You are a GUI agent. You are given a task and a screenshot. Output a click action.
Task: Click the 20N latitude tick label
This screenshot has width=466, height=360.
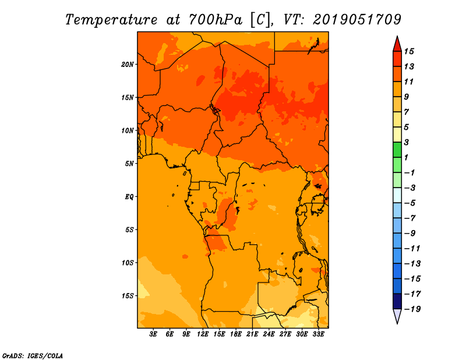(x=127, y=65)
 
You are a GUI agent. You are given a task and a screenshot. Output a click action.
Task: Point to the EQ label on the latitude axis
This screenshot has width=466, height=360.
(x=129, y=197)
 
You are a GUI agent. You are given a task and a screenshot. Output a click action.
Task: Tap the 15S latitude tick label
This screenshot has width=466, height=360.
(x=127, y=296)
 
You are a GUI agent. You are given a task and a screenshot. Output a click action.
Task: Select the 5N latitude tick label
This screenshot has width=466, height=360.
(x=129, y=164)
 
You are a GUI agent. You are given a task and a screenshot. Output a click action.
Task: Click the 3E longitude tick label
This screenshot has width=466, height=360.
(x=153, y=334)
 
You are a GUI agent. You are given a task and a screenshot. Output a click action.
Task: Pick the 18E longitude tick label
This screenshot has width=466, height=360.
(x=236, y=334)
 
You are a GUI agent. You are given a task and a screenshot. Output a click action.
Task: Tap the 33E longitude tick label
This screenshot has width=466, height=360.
(x=318, y=334)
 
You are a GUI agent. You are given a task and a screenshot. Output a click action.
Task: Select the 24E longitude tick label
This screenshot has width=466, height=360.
(x=269, y=334)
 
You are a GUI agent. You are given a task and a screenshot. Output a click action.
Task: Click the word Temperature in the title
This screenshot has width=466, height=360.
(x=111, y=20)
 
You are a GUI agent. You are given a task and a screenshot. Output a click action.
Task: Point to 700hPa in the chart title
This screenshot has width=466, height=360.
(x=216, y=20)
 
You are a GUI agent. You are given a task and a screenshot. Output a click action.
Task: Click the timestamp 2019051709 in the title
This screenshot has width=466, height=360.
(x=357, y=20)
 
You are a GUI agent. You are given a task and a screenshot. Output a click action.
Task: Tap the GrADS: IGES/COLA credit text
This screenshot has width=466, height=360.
(x=33, y=356)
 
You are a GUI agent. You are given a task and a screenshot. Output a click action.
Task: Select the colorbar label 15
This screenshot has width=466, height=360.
(x=409, y=51)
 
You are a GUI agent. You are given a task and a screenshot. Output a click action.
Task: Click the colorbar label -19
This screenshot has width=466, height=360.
(x=412, y=309)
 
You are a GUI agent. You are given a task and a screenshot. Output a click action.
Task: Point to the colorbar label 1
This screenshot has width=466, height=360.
(x=406, y=157)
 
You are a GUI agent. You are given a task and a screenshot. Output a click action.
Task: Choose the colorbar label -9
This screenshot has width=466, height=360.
(x=410, y=234)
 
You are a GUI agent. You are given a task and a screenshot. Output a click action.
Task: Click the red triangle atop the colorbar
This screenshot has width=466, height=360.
(x=397, y=44)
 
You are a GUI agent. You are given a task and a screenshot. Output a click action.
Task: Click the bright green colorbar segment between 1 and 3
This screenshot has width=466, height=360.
(x=397, y=150)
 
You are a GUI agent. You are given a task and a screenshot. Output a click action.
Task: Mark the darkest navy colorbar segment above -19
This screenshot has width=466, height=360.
(x=397, y=301)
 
